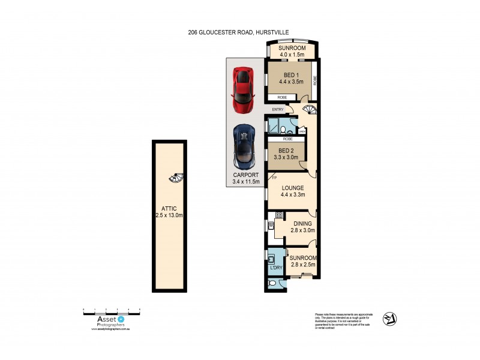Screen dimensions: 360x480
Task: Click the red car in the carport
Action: [242, 90]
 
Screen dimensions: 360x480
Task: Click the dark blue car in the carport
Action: [244, 146]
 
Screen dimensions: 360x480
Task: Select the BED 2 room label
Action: [286, 151]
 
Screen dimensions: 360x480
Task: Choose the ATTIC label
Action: [168, 208]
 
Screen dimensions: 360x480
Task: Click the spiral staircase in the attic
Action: [176, 178]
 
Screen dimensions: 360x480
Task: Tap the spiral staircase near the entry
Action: [310, 110]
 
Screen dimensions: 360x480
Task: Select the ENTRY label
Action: [277, 109]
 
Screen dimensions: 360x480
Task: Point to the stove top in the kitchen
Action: [279, 214]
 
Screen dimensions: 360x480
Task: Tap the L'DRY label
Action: [276, 267]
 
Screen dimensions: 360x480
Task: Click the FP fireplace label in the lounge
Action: [274, 177]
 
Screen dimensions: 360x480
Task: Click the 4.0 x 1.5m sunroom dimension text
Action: [292, 55]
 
